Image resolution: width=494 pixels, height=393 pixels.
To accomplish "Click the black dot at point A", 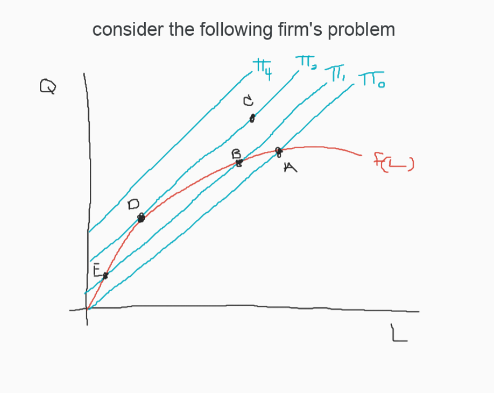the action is coord(279,151).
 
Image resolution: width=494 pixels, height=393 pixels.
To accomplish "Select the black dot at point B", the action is coord(239,162).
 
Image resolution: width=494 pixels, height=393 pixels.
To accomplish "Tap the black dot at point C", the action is coord(253,118).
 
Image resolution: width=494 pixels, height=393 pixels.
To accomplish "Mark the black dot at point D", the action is coord(141,217).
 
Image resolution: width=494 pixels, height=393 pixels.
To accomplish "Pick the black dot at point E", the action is coord(105,275).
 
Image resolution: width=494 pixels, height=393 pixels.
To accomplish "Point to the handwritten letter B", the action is coord(236,154).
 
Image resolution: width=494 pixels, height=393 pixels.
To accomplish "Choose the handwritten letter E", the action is coord(96,271).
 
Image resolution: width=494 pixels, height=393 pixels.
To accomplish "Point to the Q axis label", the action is coord(47,86).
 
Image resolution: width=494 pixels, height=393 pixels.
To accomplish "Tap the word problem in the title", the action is coord(361,30).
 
